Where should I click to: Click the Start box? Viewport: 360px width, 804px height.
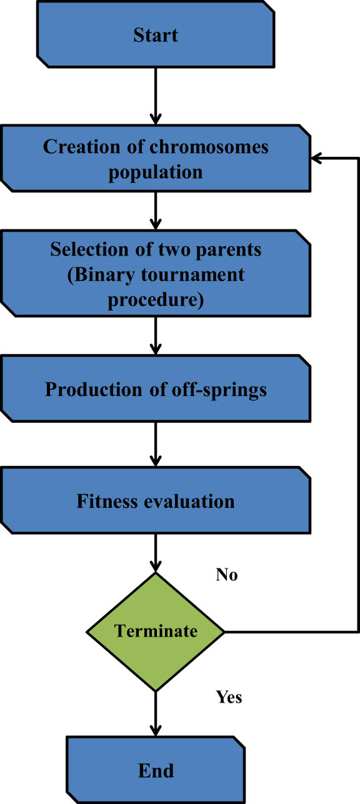(155, 36)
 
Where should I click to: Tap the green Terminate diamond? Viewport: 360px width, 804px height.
(155, 632)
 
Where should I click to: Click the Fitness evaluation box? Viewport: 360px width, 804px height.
(155, 501)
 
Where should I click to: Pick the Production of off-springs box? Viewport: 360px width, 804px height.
(155, 390)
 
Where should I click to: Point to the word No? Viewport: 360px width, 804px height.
(226, 575)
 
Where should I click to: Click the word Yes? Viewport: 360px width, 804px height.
(229, 696)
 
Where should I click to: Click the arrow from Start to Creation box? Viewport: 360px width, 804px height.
(155, 97)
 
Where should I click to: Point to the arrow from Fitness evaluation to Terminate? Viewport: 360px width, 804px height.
(155, 553)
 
